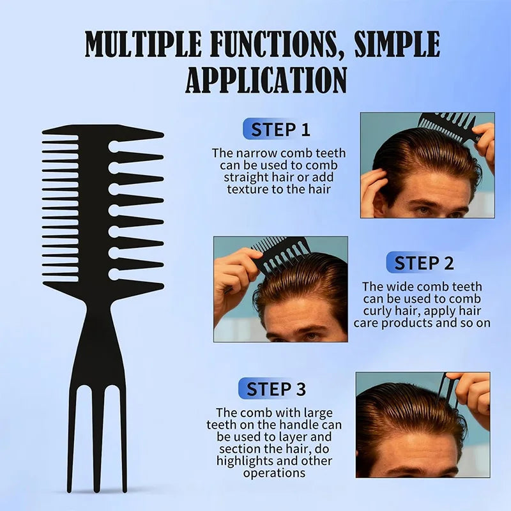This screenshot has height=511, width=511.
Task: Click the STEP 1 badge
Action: pyautogui.click(x=277, y=129)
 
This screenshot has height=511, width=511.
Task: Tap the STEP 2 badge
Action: pyautogui.click(x=420, y=263)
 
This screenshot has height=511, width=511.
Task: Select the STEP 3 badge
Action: pyautogui.click(x=273, y=388)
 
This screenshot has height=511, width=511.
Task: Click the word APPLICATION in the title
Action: pyautogui.click(x=266, y=80)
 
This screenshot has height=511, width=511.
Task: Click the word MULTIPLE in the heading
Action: pyautogui.click(x=143, y=44)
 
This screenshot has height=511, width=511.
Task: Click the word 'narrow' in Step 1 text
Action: pyautogui.click(x=257, y=153)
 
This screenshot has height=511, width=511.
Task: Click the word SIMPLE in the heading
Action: pyautogui.click(x=397, y=44)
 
